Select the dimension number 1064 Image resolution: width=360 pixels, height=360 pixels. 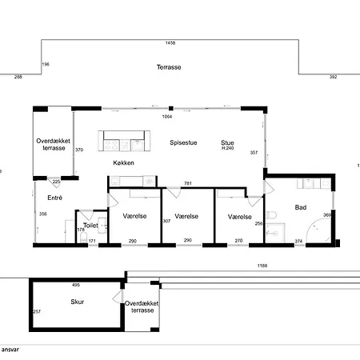(167, 117)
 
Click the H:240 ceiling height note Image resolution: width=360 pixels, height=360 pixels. (228, 149)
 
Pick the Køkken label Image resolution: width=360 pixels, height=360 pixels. (123, 162)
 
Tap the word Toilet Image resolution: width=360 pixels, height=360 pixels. (90, 226)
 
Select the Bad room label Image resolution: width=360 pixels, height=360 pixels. (300, 207)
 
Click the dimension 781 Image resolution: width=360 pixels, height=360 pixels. (187, 183)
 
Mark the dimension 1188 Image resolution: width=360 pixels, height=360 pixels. (261, 266)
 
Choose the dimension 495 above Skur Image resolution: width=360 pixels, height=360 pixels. (76, 285)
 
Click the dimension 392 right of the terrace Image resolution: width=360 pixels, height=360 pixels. (334, 77)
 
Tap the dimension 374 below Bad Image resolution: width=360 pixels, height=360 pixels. (299, 241)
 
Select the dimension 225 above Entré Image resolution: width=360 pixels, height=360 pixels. (55, 181)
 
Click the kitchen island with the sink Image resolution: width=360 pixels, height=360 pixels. (124, 142)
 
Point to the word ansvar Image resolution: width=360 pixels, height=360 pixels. (10, 350)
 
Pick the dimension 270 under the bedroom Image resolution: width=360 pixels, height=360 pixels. (238, 241)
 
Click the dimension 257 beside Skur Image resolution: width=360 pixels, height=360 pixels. (36, 311)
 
